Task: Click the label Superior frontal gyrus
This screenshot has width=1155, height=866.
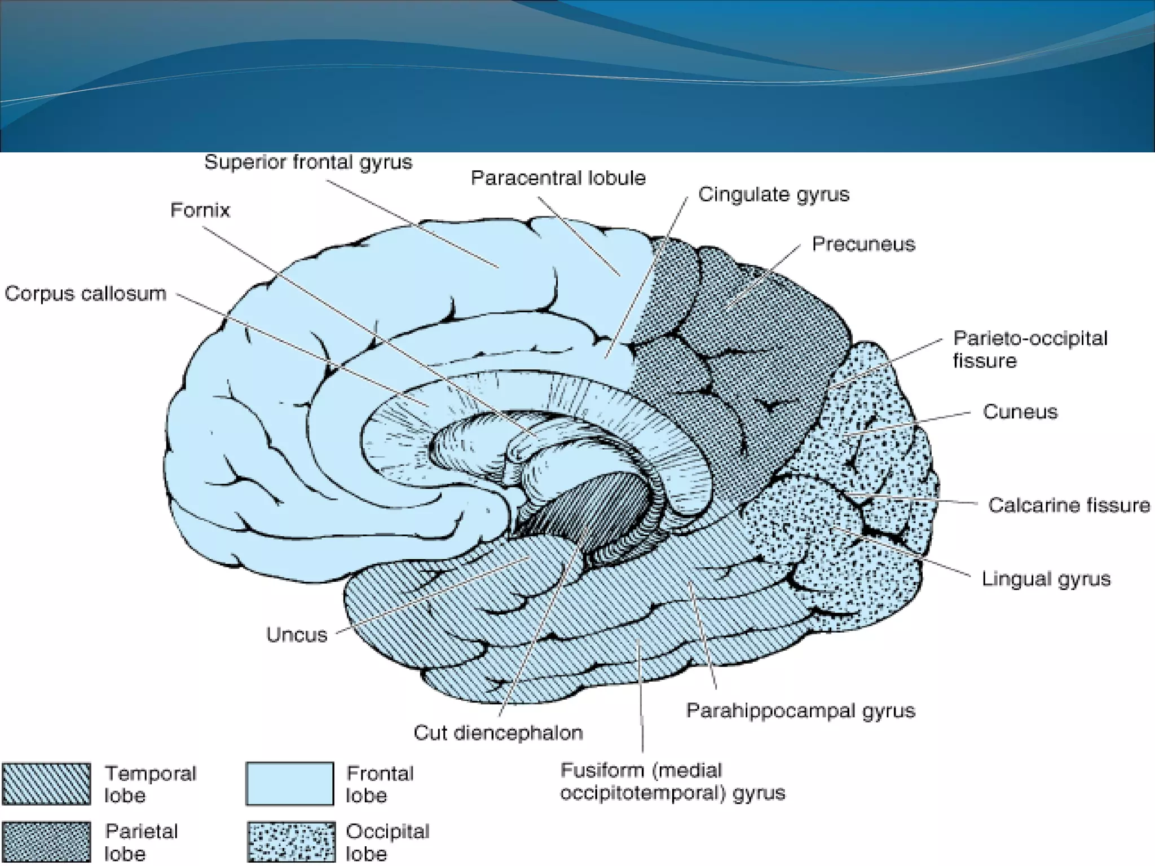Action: (x=308, y=162)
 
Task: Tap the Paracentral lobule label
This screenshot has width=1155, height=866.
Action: (x=558, y=178)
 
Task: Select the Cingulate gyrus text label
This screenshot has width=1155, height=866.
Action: (x=773, y=195)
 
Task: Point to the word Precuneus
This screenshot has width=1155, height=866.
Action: (x=863, y=244)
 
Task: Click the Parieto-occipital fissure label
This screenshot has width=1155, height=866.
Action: (x=1029, y=349)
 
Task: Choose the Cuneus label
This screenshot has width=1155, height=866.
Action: (x=1020, y=412)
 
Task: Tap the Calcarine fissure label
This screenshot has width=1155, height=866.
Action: (x=1068, y=505)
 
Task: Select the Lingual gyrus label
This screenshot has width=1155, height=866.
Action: (x=1046, y=579)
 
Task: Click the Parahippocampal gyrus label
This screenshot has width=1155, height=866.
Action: (x=800, y=710)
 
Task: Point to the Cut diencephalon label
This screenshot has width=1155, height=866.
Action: (x=497, y=733)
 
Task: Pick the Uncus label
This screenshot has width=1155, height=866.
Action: (x=297, y=635)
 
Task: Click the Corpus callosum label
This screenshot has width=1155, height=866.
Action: (x=86, y=294)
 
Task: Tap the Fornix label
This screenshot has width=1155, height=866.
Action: (x=200, y=210)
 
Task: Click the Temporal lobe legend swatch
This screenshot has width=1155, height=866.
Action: (x=46, y=784)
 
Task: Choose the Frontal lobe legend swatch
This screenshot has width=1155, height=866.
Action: (x=289, y=784)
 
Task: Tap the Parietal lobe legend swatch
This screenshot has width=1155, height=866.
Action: (x=46, y=842)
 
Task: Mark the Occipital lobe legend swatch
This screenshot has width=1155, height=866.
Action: (x=290, y=842)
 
